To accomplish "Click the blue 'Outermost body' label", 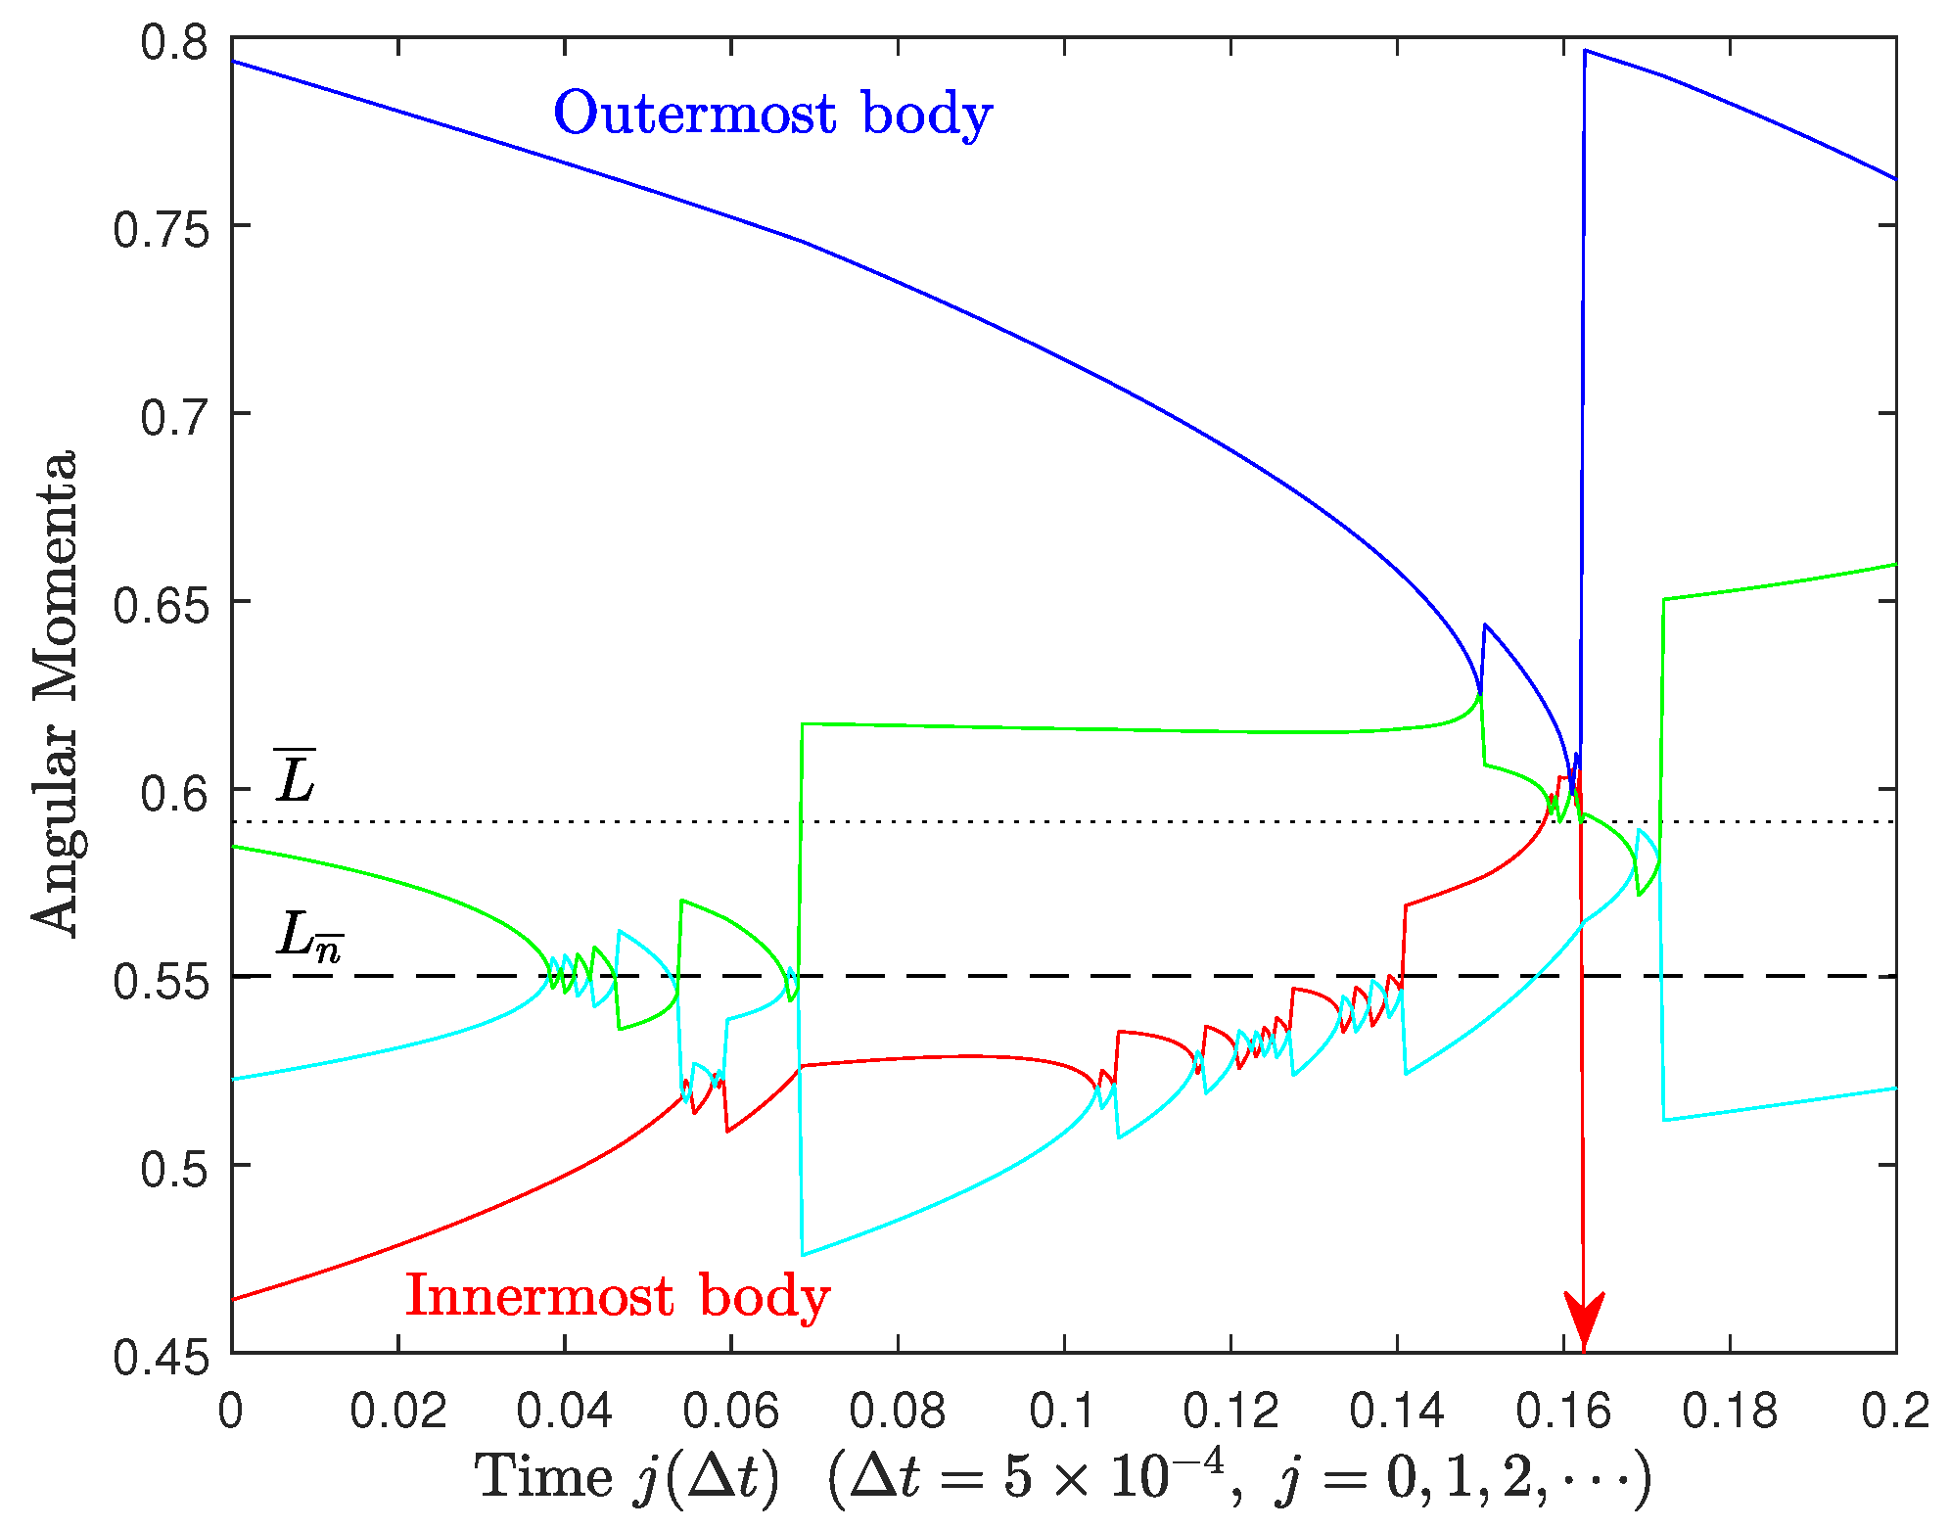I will [x=772, y=115].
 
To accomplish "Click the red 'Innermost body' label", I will [x=618, y=1297].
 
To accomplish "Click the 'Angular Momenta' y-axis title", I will [x=54, y=693].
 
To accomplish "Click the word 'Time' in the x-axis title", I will [x=543, y=1476].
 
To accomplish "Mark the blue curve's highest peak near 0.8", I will [x=1585, y=51].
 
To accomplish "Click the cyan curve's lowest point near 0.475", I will [x=804, y=1255].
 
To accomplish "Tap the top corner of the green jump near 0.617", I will [x=803, y=724].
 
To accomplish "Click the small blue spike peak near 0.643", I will [x=1485, y=625].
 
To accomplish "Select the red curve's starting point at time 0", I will [x=233, y=1299].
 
